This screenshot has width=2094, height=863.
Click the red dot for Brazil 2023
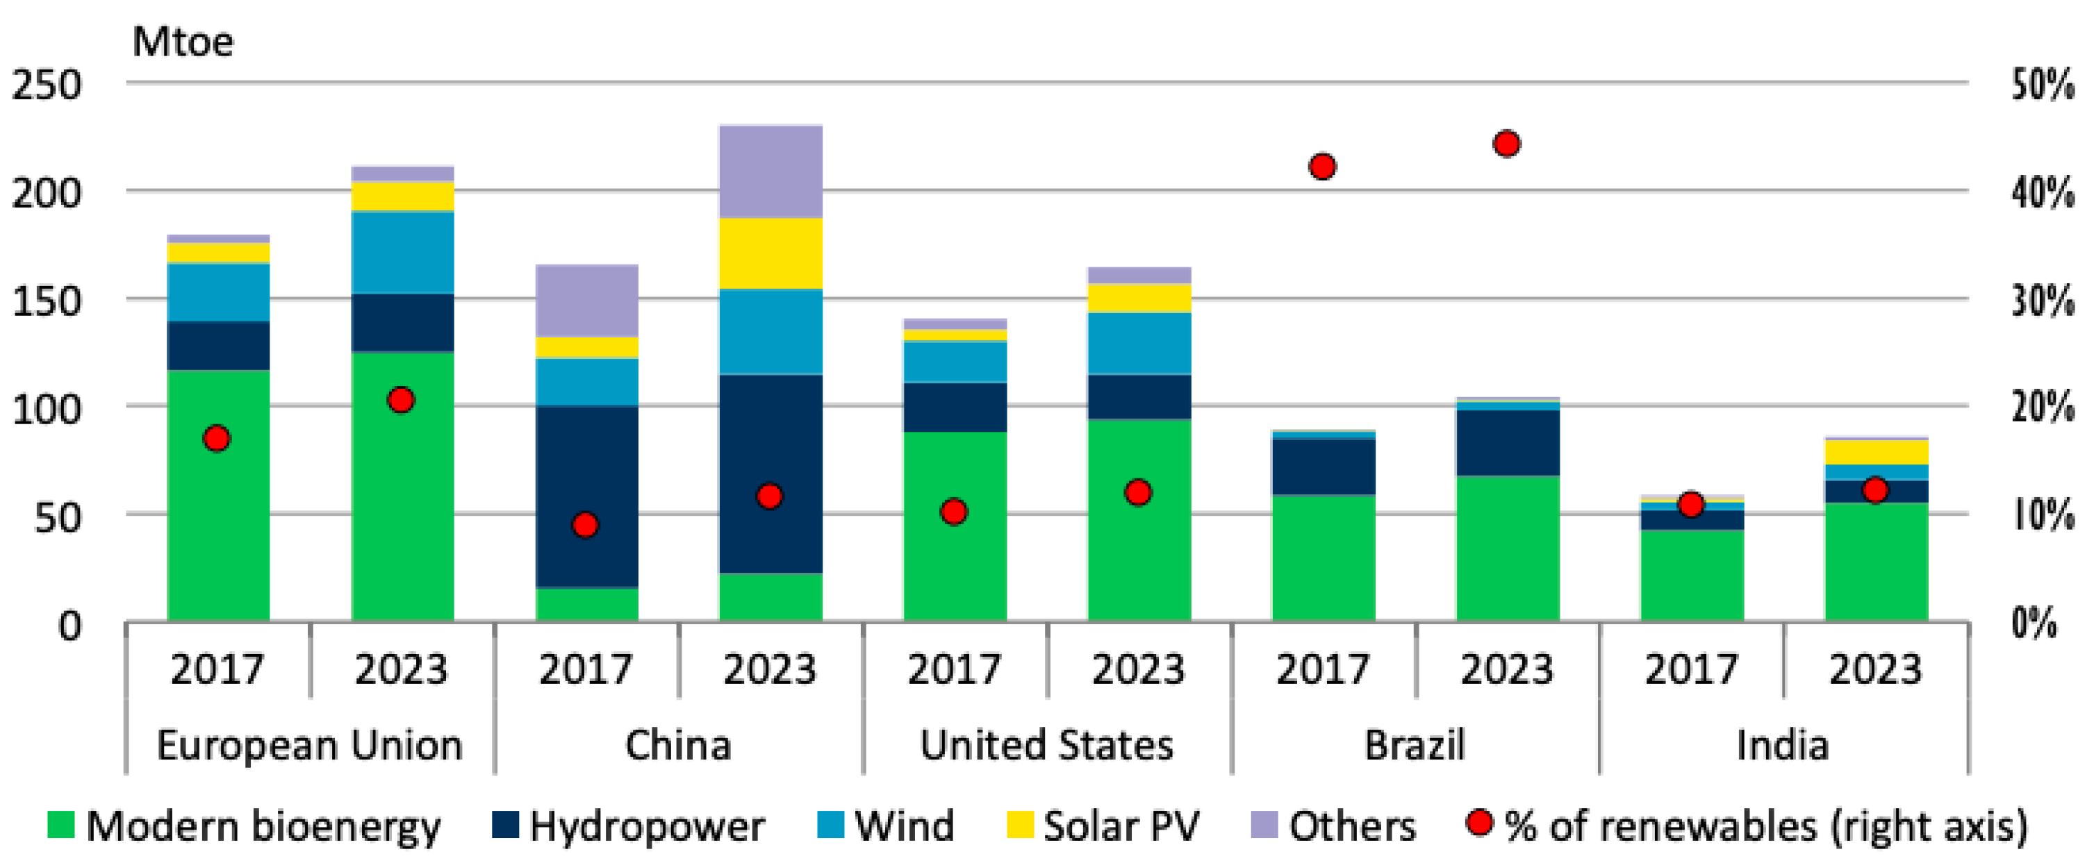[x=1506, y=144]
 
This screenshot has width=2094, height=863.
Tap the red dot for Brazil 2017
[x=1323, y=167]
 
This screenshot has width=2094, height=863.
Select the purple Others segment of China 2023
[x=770, y=171]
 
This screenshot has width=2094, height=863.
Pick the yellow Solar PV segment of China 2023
[x=770, y=253]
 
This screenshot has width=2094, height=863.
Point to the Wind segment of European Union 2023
[x=402, y=252]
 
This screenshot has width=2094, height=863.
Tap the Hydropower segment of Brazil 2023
[x=1507, y=443]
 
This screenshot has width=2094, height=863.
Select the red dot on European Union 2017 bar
[x=217, y=439]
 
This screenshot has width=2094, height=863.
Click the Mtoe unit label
[x=183, y=42]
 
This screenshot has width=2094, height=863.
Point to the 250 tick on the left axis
[x=47, y=85]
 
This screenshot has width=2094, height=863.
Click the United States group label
[x=1046, y=744]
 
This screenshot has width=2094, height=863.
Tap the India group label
[x=1783, y=744]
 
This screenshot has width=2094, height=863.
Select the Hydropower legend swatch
[x=506, y=825]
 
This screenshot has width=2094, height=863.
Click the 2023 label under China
[x=770, y=669]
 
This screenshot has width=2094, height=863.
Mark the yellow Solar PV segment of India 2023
[x=1876, y=452]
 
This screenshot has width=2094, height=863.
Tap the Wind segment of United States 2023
[x=1139, y=343]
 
